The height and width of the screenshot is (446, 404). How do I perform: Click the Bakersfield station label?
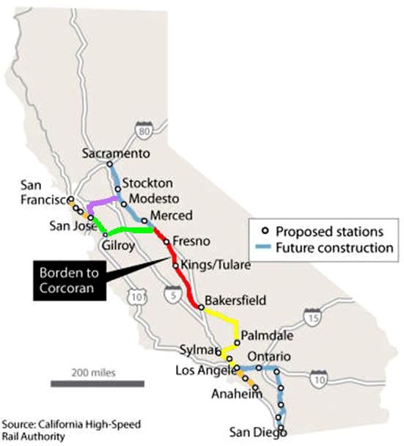(235, 301)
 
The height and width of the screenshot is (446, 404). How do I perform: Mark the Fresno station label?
(192, 241)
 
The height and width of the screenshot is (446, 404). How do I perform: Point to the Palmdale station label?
(267, 335)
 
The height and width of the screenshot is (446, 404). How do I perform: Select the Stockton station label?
(147, 183)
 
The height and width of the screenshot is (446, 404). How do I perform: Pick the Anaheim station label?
(237, 395)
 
